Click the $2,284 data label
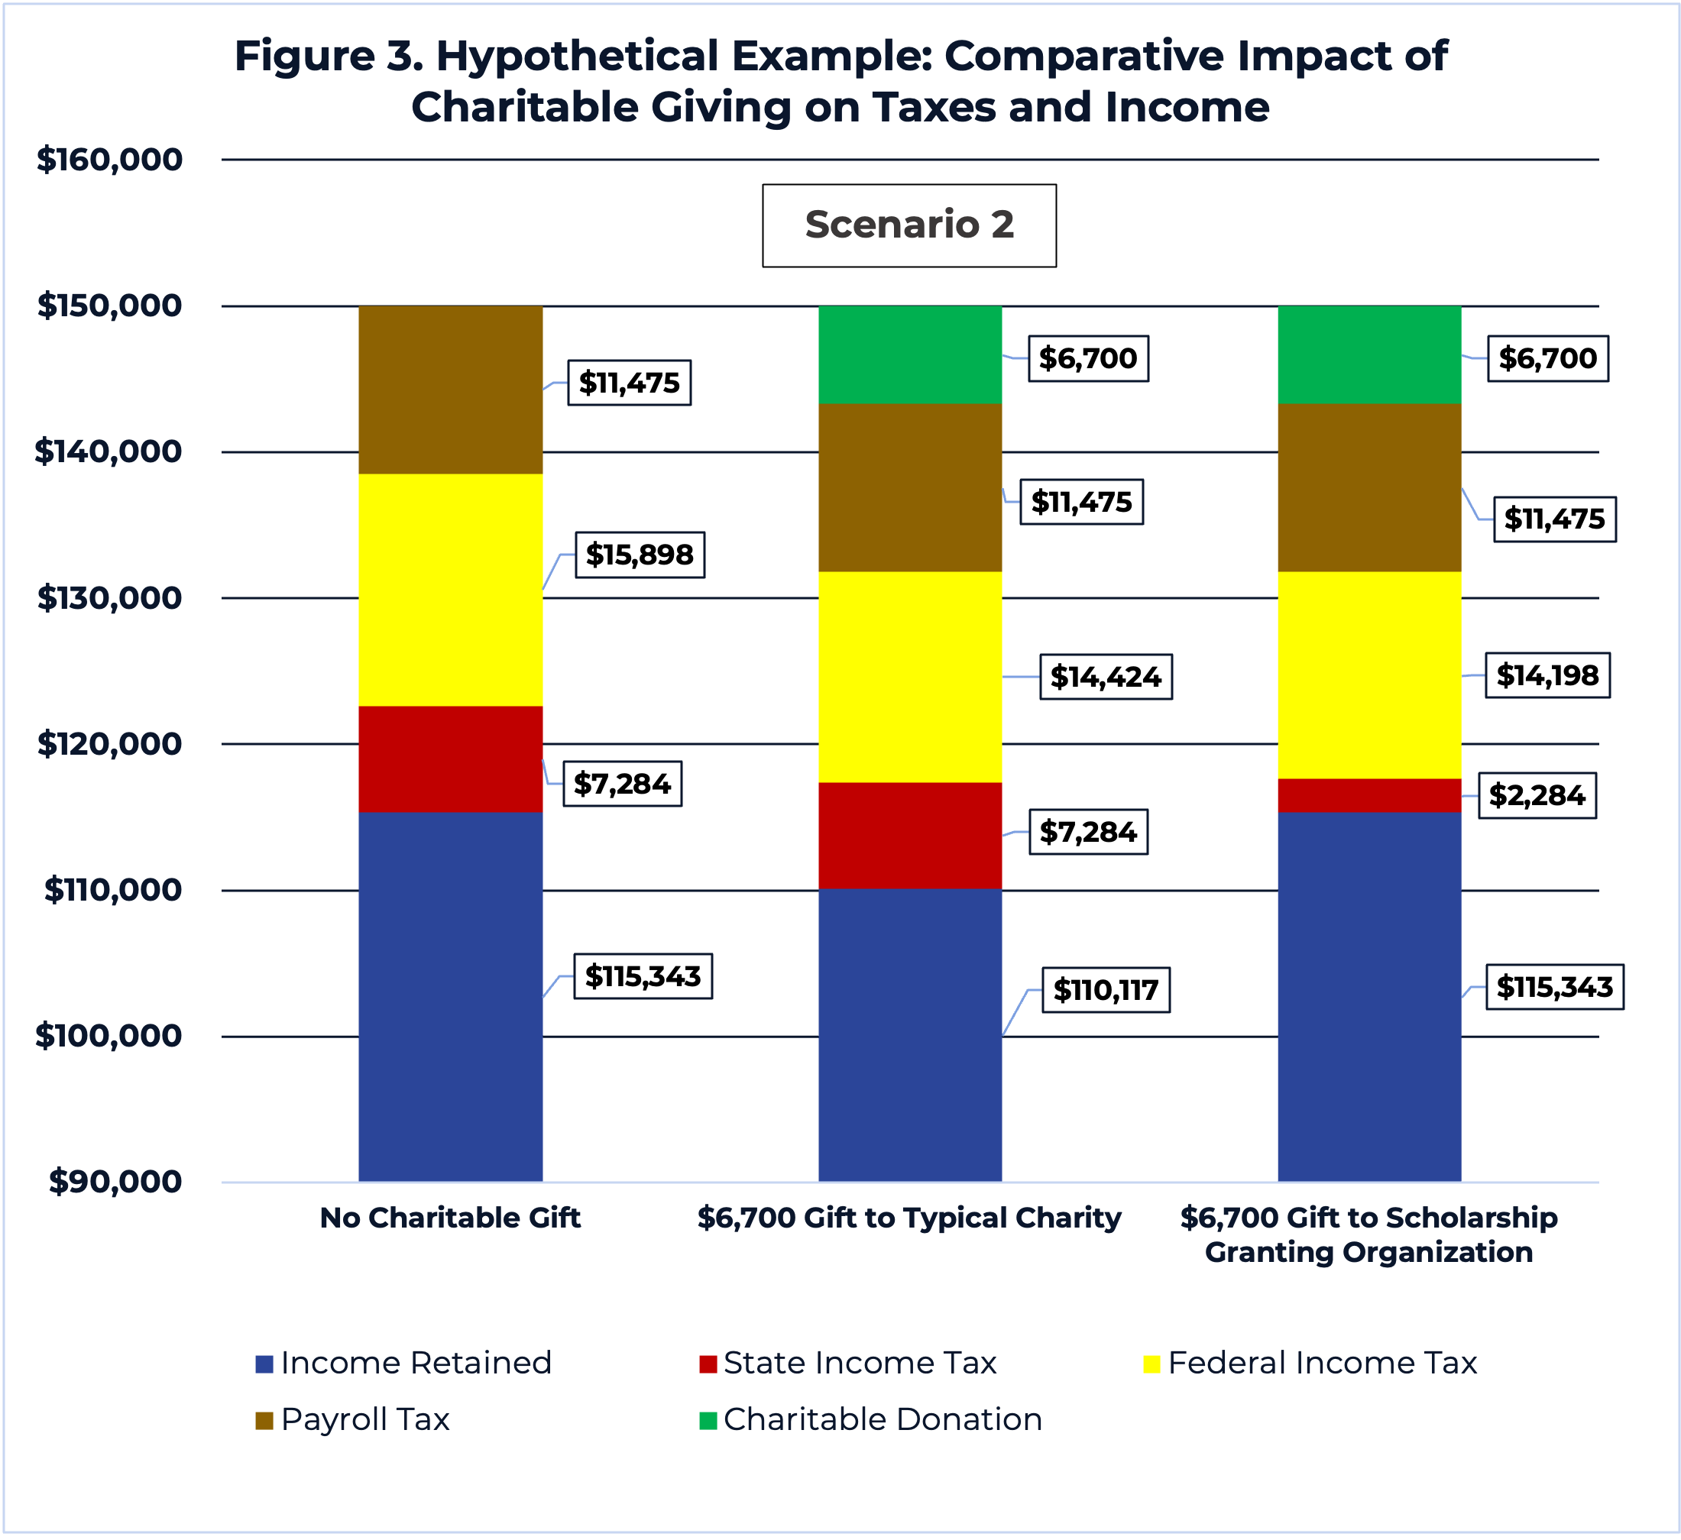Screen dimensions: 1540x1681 (1537, 795)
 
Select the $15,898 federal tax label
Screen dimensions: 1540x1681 (640, 555)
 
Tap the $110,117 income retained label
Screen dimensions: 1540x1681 (1106, 990)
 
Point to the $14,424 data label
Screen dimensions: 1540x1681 (1106, 676)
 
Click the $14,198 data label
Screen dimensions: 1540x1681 (1547, 675)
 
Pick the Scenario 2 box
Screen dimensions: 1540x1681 (909, 225)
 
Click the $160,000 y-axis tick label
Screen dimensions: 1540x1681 (109, 159)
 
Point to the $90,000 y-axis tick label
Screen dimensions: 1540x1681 (115, 1182)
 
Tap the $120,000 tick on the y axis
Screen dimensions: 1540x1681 (109, 744)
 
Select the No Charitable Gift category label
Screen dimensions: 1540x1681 (450, 1218)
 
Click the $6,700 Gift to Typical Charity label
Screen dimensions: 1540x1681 (909, 1218)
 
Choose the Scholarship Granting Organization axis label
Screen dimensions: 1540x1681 (1368, 1235)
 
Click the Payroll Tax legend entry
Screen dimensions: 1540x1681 (354, 1419)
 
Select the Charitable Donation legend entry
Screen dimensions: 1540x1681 (871, 1419)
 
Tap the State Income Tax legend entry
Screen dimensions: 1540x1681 (849, 1363)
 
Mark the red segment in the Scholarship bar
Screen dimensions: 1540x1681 (1369, 794)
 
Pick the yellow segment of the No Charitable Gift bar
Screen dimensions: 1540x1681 (450, 590)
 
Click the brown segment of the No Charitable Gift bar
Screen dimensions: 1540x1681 (450, 390)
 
